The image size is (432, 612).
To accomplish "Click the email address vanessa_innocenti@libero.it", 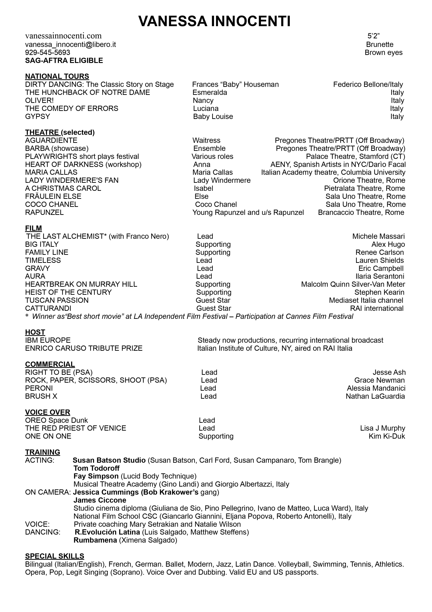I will [71, 44].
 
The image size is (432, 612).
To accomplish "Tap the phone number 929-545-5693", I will [48, 52].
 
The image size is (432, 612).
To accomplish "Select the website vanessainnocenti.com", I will [63, 36].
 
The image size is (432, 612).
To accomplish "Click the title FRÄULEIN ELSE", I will [53, 196].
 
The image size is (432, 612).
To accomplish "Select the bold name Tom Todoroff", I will [96, 468].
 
